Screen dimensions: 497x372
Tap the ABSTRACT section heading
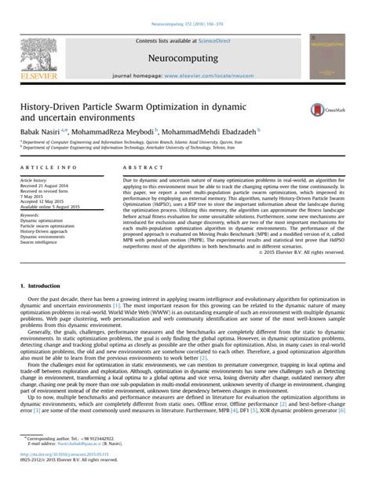pos(140,168)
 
